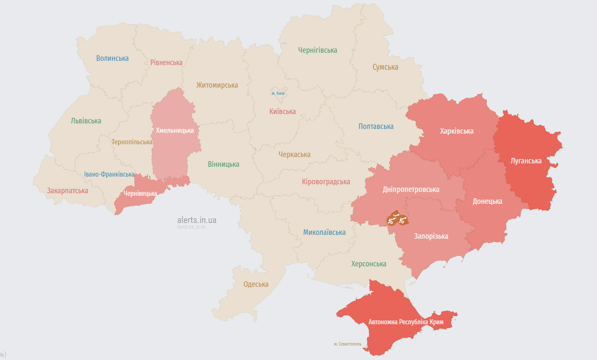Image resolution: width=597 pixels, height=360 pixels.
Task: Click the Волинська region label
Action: tap(112, 58)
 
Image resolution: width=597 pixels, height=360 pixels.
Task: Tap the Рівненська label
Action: tap(166, 63)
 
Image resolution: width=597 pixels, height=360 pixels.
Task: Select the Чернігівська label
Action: tap(317, 50)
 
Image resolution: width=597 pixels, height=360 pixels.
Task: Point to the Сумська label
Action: tap(385, 67)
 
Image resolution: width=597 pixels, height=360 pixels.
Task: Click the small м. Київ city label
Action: tap(278, 93)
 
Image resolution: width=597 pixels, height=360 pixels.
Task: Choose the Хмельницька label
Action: tap(174, 130)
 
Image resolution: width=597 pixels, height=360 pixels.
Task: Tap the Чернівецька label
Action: tap(140, 194)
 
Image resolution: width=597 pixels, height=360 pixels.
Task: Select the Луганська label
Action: tap(526, 161)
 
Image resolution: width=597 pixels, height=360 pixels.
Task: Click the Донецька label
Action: tap(487, 201)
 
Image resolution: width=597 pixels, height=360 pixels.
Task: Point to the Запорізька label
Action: tap(431, 236)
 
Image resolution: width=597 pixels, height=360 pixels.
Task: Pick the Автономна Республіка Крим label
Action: tap(406, 322)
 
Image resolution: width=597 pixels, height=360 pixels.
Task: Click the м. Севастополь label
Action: tap(348, 344)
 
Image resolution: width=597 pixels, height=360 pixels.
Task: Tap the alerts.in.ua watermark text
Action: tap(197, 220)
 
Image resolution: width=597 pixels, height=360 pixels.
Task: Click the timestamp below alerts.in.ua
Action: tap(191, 227)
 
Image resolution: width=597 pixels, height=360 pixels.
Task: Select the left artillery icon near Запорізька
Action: tap(392, 220)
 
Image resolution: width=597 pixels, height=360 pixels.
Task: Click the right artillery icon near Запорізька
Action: tap(403, 220)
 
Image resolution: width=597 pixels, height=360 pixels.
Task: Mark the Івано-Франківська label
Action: tap(109, 174)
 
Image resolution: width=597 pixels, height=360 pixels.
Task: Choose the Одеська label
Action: tap(256, 284)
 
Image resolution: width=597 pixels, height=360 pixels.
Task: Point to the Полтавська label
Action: tap(376, 126)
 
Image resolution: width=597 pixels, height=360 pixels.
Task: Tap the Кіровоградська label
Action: tap(326, 182)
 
